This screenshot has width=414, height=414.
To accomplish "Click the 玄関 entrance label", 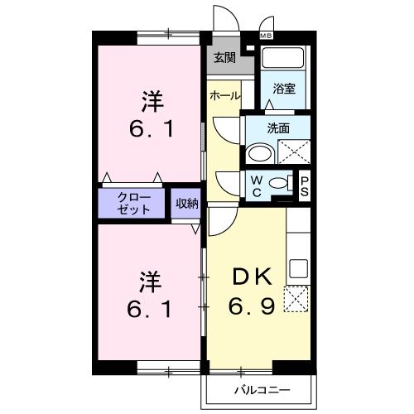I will click(x=224, y=58).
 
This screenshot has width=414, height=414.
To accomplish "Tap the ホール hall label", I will click(x=224, y=96).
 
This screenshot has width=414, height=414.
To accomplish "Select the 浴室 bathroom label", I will click(x=284, y=89).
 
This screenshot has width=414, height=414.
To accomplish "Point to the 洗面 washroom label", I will click(x=278, y=128).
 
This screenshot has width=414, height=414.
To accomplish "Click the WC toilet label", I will click(x=257, y=185).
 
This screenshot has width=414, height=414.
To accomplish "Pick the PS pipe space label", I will click(x=305, y=185).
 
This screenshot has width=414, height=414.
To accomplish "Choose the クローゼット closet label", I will click(x=134, y=203).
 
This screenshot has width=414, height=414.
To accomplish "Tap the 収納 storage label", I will click(x=186, y=203).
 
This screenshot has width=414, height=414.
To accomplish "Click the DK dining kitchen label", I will click(x=249, y=278).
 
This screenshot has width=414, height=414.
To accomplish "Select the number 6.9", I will click(x=249, y=307).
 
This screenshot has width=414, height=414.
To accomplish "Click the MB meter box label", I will click(x=267, y=36).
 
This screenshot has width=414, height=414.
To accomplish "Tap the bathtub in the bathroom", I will click(x=284, y=60).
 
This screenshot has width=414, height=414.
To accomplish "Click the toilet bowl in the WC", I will click(x=281, y=184).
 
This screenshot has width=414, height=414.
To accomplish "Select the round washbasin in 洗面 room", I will click(x=259, y=153).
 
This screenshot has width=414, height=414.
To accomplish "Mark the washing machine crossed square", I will click(x=294, y=154).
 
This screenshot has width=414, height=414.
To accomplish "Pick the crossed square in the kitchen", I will click(x=296, y=298).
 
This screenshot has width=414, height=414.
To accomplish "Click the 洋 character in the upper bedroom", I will click(x=150, y=103).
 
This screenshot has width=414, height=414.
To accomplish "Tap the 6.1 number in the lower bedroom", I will click(x=150, y=309).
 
